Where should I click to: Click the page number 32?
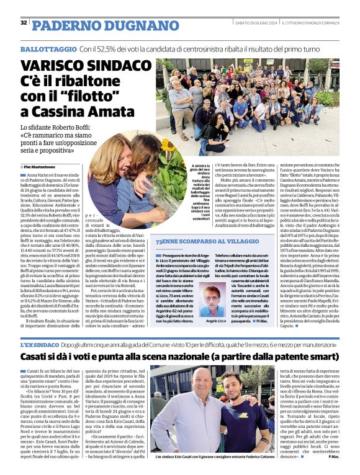pyautogui.click(x=24, y=23)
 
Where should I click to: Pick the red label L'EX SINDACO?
pyautogui.click(x=39, y=344)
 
